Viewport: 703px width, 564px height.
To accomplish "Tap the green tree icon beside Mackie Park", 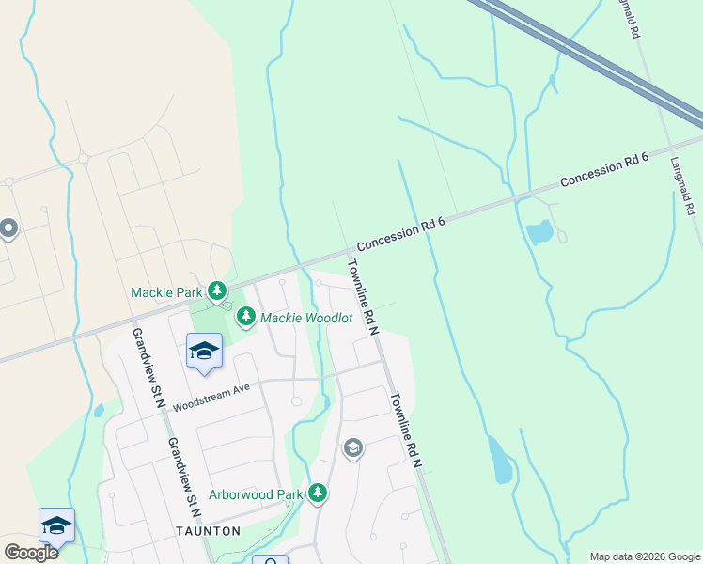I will [x=218, y=291].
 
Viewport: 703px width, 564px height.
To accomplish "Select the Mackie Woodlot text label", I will [x=306, y=318].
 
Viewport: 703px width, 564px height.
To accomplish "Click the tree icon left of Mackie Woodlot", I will [x=246, y=317].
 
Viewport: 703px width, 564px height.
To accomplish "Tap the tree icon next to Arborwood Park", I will [x=318, y=493].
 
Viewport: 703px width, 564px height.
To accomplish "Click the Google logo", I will [x=31, y=553].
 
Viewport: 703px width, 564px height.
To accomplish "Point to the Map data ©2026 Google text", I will [x=644, y=556].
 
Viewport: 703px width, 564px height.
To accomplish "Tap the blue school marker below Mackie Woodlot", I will [x=203, y=352].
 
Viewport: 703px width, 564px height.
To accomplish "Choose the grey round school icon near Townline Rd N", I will [x=352, y=447].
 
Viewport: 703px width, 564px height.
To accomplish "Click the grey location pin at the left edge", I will [x=8, y=228].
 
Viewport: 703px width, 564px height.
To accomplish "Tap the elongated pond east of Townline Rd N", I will [x=499, y=460].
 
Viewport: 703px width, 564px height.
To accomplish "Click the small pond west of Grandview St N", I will [x=100, y=410].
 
